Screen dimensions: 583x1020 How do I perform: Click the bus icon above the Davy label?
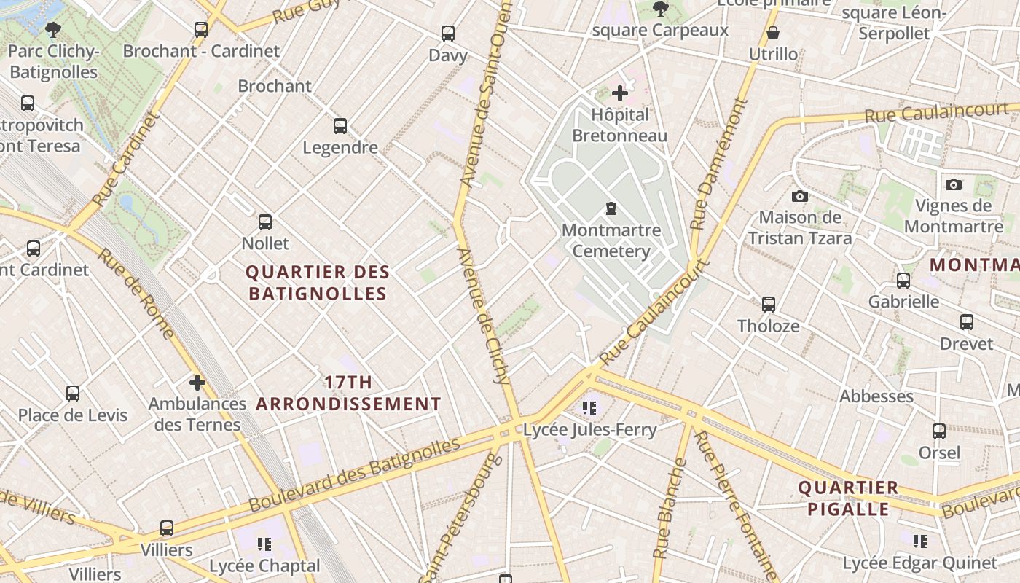click(x=448, y=34)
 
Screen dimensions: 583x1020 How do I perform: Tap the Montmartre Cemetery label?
click(x=611, y=240)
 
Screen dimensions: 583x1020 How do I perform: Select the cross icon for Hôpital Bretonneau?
click(x=620, y=93)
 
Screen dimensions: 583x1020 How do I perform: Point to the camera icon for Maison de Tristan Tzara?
click(x=800, y=197)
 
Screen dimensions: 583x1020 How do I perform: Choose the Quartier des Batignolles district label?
click(x=318, y=283)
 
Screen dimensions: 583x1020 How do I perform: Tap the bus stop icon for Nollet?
click(x=265, y=222)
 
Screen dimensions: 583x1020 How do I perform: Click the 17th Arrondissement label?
click(x=349, y=393)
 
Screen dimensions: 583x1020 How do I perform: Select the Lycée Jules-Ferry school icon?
click(x=589, y=408)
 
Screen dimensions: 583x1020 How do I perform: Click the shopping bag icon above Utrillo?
click(x=773, y=34)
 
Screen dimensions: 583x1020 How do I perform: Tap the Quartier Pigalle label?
click(x=848, y=498)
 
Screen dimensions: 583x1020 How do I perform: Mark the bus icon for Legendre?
click(x=340, y=126)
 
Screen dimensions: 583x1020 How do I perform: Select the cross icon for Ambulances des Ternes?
click(x=197, y=383)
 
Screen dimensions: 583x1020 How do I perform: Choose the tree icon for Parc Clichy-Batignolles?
click(x=52, y=30)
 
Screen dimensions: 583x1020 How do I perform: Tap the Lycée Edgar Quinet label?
click(x=919, y=563)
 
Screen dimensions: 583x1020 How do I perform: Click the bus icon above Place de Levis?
click(x=73, y=394)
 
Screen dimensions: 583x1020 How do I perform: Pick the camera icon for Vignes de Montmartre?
click(x=954, y=185)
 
